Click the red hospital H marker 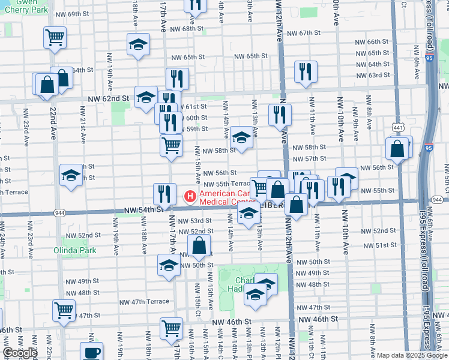click(x=190, y=196)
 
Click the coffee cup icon click(x=91, y=352)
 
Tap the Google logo click(x=20, y=353)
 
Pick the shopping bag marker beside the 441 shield click(x=397, y=149)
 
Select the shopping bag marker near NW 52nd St click(x=199, y=245)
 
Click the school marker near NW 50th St click(x=169, y=265)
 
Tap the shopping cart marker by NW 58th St click(x=172, y=145)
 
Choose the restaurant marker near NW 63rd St click(x=306, y=73)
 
